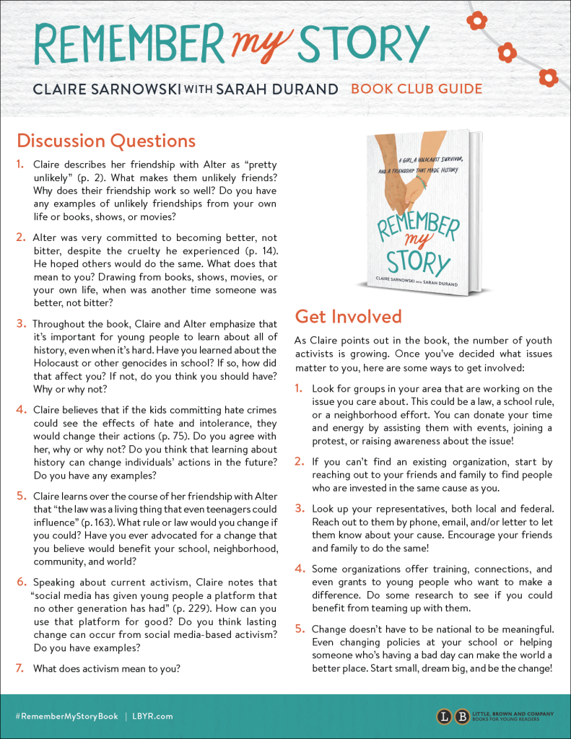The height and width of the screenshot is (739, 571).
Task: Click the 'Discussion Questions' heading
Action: [x=106, y=140]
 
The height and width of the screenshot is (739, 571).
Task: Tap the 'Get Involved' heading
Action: [x=348, y=316]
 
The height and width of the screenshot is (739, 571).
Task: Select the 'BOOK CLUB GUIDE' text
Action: [x=417, y=89]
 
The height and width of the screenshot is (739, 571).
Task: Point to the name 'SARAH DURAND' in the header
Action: [x=278, y=89]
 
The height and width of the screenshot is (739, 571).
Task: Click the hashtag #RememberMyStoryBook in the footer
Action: [x=66, y=716]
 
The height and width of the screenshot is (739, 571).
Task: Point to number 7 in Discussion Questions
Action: [x=20, y=668]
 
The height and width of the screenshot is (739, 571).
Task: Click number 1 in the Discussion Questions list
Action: [x=20, y=165]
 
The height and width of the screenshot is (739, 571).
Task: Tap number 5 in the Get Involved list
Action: [x=300, y=629]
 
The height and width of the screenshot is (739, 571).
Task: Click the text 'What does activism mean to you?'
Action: [x=107, y=668]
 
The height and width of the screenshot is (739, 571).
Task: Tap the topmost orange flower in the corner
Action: [x=477, y=20]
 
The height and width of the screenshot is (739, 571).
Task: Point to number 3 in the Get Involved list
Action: [x=300, y=508]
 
